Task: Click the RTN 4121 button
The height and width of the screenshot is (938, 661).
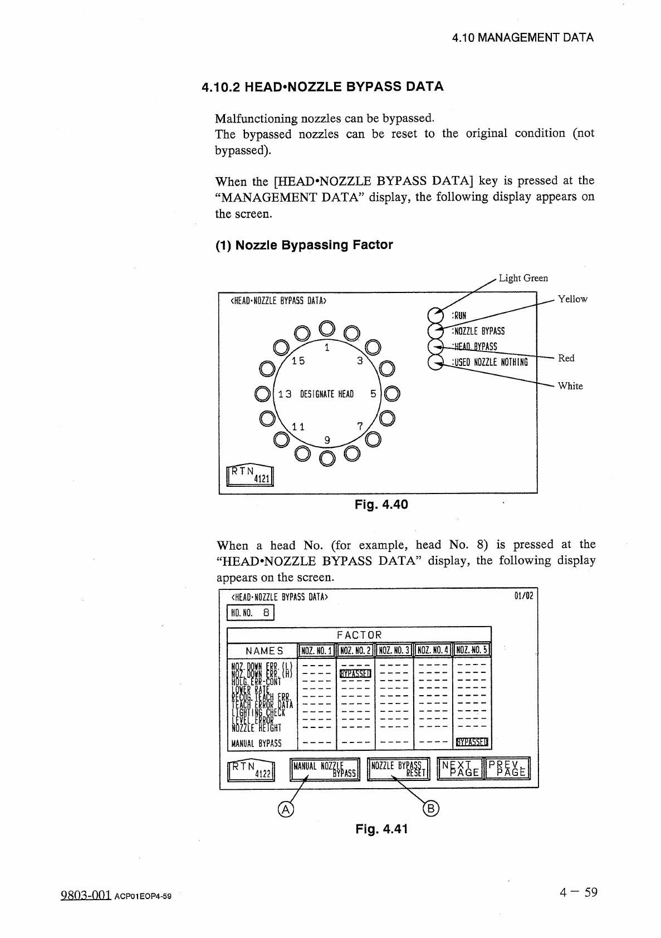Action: click(250, 473)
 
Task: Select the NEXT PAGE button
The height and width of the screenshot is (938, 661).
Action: click(461, 769)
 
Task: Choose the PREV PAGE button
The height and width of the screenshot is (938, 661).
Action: click(508, 769)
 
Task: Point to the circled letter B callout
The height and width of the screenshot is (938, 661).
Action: click(432, 809)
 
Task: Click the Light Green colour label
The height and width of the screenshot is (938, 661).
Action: click(523, 278)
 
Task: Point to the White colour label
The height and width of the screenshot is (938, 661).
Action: click(570, 386)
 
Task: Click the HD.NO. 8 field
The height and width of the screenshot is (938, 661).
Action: click(251, 613)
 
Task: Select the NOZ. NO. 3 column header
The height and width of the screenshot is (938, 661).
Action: click(394, 650)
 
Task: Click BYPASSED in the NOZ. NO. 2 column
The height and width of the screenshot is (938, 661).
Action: click(356, 674)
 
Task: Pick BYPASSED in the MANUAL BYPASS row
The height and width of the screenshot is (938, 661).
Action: click(472, 742)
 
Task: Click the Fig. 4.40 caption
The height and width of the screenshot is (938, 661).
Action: click(381, 505)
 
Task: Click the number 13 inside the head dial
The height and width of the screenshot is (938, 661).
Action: click(285, 394)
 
